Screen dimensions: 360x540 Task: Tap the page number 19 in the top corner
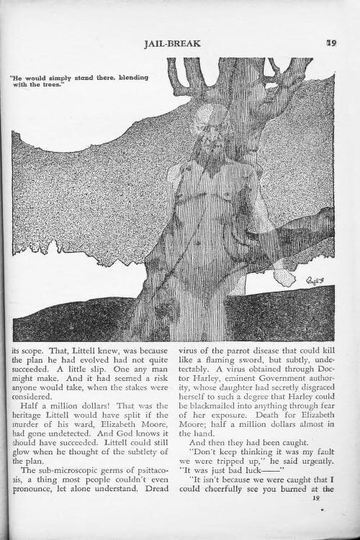pyautogui.click(x=331, y=43)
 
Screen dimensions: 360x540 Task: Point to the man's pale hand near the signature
pyautogui.click(x=284, y=274)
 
